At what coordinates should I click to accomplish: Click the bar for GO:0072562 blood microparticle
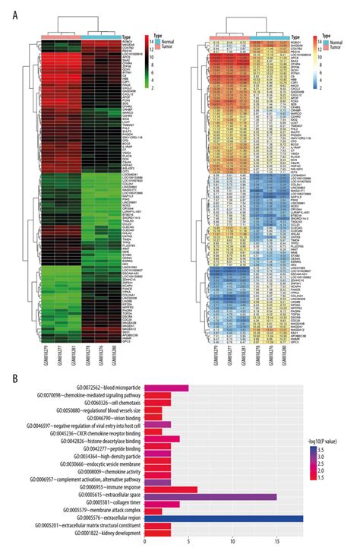pos(166,388)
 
